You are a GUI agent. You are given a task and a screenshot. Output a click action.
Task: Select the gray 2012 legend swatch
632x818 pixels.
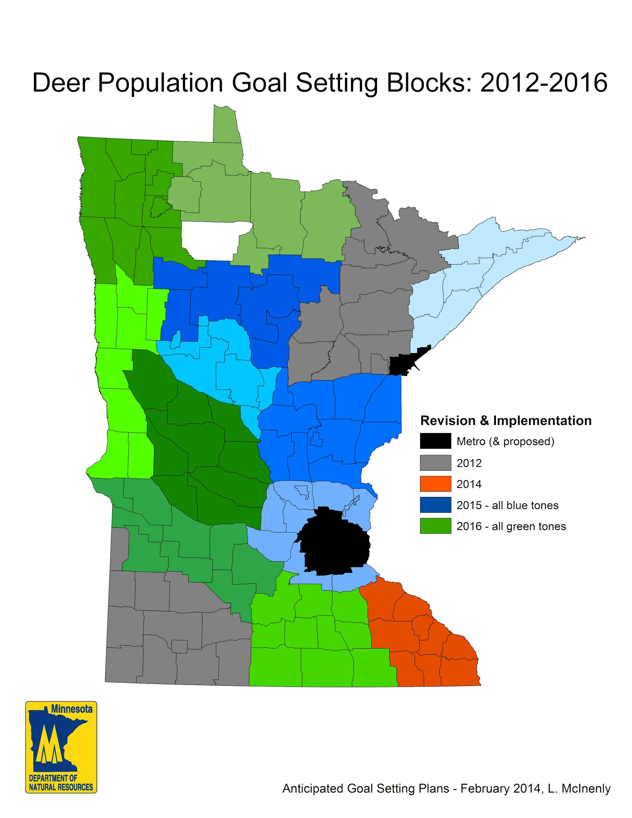coord(435,463)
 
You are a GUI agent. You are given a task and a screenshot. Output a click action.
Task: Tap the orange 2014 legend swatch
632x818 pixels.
coord(435,484)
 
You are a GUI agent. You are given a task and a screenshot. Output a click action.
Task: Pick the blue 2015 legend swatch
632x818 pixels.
coord(435,505)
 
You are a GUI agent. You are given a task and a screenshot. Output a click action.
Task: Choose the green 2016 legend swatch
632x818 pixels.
coord(435,526)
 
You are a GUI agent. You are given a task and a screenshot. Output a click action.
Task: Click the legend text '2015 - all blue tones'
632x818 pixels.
coord(507,506)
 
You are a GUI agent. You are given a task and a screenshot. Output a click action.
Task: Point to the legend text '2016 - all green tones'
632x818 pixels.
coord(511,527)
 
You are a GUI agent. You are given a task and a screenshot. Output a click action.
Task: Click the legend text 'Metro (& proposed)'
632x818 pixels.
coord(505,442)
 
